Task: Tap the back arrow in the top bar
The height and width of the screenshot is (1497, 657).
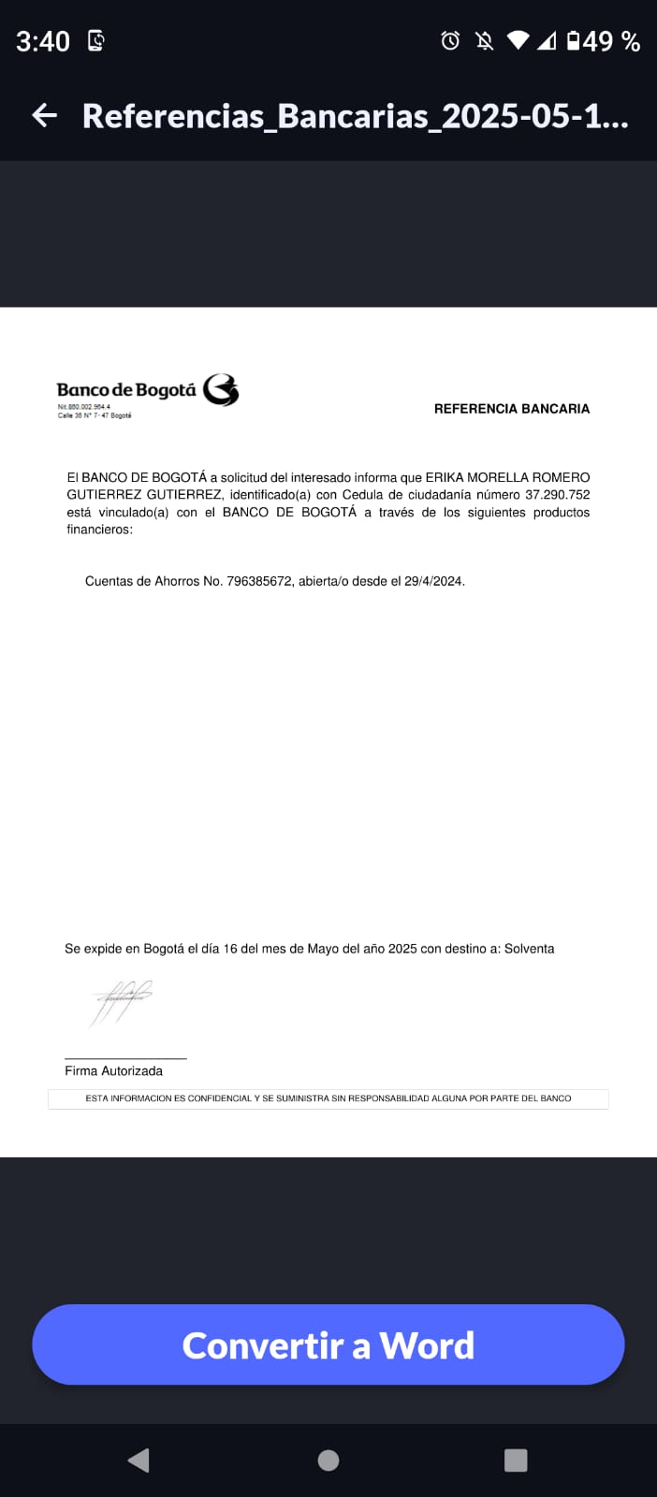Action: [x=45, y=115]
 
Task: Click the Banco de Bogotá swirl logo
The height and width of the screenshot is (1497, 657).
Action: [x=221, y=390]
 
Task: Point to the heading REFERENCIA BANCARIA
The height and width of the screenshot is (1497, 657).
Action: [x=511, y=409]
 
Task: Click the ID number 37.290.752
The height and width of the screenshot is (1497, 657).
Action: [x=558, y=495]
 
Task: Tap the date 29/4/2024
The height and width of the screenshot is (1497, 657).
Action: [x=433, y=581]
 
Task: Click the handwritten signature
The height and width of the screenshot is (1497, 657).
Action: [x=121, y=1002]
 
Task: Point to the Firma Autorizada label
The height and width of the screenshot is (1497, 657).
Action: [x=113, y=1071]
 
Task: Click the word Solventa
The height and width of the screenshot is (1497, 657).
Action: [x=529, y=949]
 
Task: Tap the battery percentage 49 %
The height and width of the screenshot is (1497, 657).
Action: [x=611, y=41]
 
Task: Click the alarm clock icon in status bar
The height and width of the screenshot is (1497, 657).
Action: [x=450, y=40]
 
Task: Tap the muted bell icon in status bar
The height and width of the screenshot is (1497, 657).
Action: [x=484, y=40]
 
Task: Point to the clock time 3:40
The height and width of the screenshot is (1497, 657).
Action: [x=43, y=41]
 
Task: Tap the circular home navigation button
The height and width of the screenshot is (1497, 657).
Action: [x=328, y=1461]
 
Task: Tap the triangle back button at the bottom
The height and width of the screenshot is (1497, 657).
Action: [x=139, y=1461]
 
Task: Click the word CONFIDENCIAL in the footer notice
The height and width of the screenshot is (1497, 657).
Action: [x=219, y=1098]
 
